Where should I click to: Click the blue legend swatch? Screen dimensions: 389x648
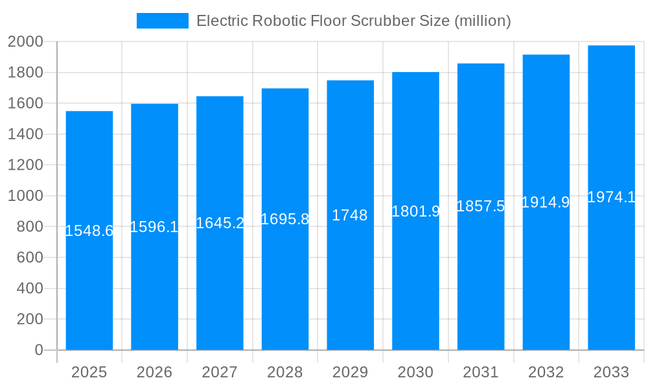[x=162, y=21]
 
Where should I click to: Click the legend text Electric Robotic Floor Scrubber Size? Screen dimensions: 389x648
[x=353, y=21]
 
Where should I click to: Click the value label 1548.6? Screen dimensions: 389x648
[x=89, y=231]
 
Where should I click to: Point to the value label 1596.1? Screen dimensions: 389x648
[x=154, y=227]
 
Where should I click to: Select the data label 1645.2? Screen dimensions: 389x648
[x=220, y=223]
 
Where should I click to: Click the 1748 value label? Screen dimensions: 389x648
[x=350, y=215]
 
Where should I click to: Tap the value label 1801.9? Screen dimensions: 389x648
[x=415, y=211]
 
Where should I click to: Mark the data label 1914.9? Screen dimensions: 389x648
[x=546, y=202]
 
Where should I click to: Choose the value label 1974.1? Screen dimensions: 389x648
[x=611, y=197]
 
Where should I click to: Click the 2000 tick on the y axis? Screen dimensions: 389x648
[x=25, y=42]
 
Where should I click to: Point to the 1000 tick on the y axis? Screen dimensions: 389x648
[x=25, y=196]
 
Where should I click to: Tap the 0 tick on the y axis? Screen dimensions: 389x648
[x=38, y=350]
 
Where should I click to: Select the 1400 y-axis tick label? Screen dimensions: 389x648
[x=25, y=134]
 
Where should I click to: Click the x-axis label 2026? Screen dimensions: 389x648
[x=154, y=372]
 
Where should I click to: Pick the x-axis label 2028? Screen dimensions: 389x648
[x=285, y=372]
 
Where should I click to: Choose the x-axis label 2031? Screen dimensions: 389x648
[x=481, y=372]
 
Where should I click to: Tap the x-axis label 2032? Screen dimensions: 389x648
[x=546, y=372]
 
